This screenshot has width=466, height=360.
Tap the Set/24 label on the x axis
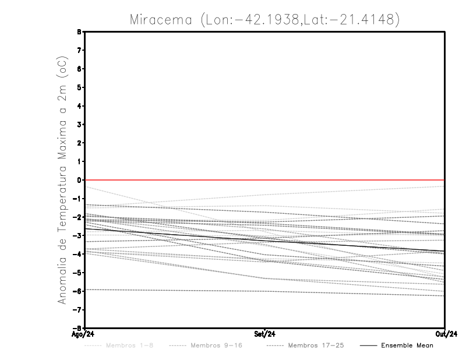(265, 334)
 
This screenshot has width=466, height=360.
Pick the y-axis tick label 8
(80, 32)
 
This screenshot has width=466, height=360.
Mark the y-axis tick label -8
(79, 328)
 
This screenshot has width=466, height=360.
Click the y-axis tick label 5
(80, 87)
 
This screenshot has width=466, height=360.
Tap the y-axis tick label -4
(79, 254)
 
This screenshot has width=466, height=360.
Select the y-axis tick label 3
(80, 125)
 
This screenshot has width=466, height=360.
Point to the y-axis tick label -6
(79, 291)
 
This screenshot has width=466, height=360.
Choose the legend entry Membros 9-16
(216, 345)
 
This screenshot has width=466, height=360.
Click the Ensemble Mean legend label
(407, 345)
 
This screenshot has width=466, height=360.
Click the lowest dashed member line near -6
(175, 290)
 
